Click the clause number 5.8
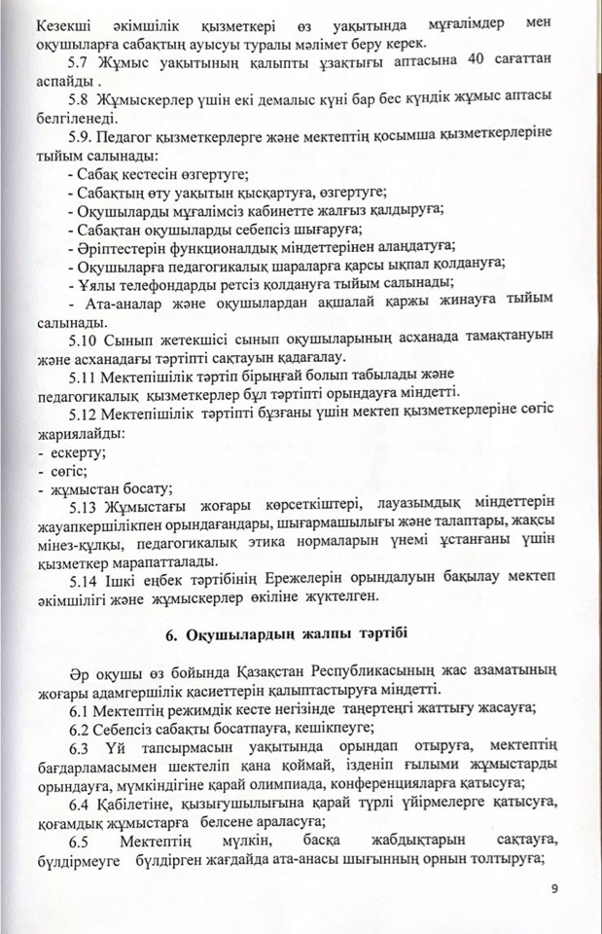(81, 99)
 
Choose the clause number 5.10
(85, 337)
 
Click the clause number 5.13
(85, 506)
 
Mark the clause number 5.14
(85, 579)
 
